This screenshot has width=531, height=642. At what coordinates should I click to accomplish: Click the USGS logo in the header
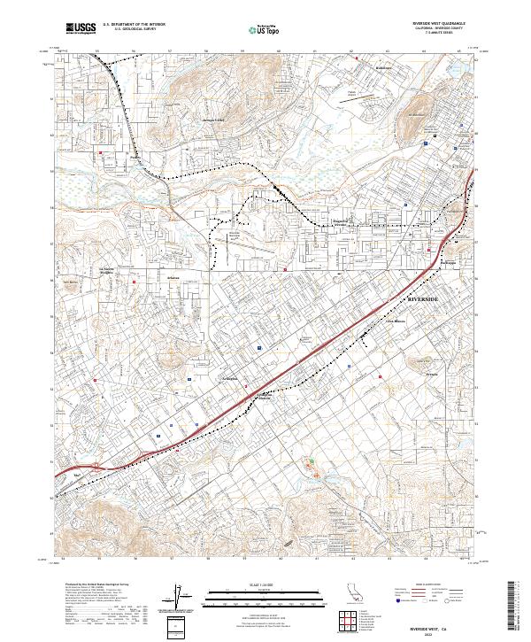pos(81,28)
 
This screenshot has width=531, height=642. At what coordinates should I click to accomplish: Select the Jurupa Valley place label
pos(215,119)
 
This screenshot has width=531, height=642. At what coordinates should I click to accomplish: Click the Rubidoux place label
pos(382,67)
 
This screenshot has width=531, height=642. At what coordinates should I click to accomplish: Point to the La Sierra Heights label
pos(107,271)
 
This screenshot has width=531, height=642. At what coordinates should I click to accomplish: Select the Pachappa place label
pos(452,261)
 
